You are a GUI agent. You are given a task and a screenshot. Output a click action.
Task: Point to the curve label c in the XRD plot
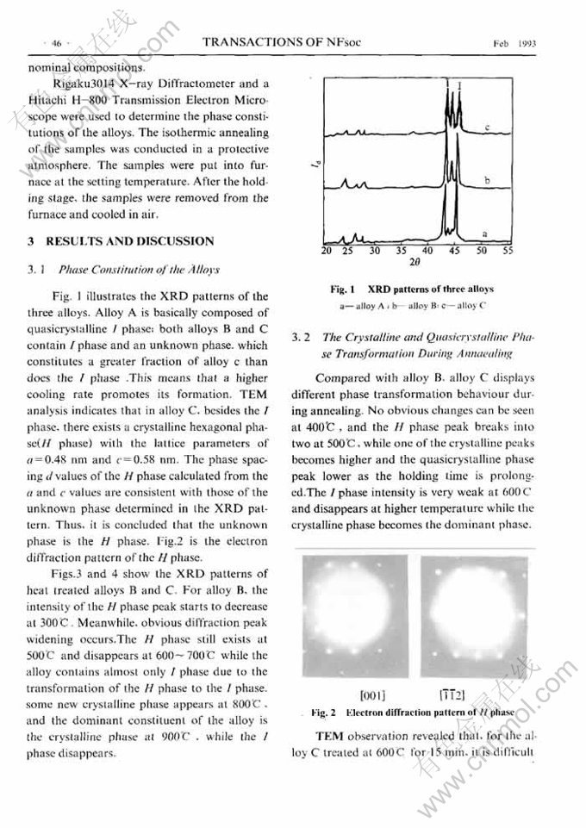[x=487, y=127]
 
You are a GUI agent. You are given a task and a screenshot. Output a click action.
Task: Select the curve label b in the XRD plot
[x=487, y=180]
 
